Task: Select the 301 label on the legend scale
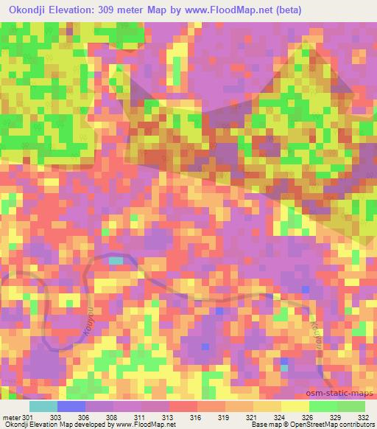[27, 417]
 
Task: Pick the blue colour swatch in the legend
[71, 406]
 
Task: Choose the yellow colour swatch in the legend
[295, 406]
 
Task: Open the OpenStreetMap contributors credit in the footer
[338, 425]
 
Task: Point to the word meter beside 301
[11, 417]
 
